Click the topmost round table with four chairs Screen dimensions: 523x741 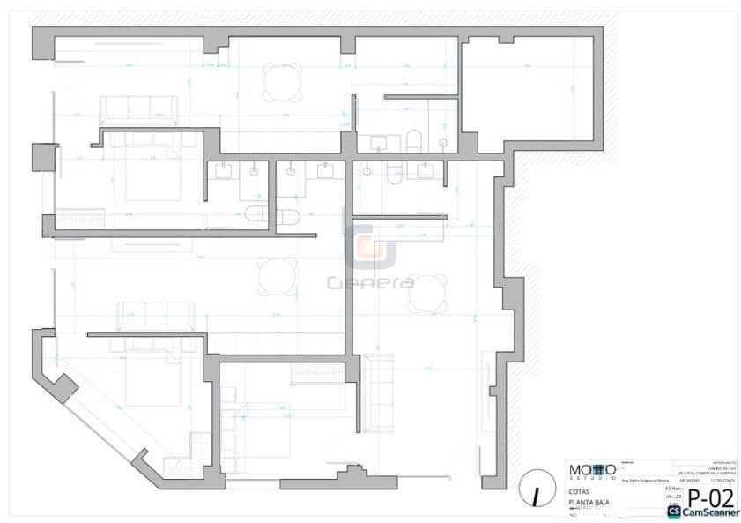(x=282, y=82)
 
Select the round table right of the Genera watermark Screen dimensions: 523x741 (x=426, y=293)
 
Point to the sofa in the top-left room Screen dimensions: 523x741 (x=139, y=108)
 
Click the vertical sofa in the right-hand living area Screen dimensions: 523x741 (x=379, y=391)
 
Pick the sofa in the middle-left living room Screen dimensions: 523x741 (x=158, y=312)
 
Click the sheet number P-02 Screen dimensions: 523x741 (x=709, y=499)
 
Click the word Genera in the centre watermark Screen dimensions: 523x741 (x=370, y=283)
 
